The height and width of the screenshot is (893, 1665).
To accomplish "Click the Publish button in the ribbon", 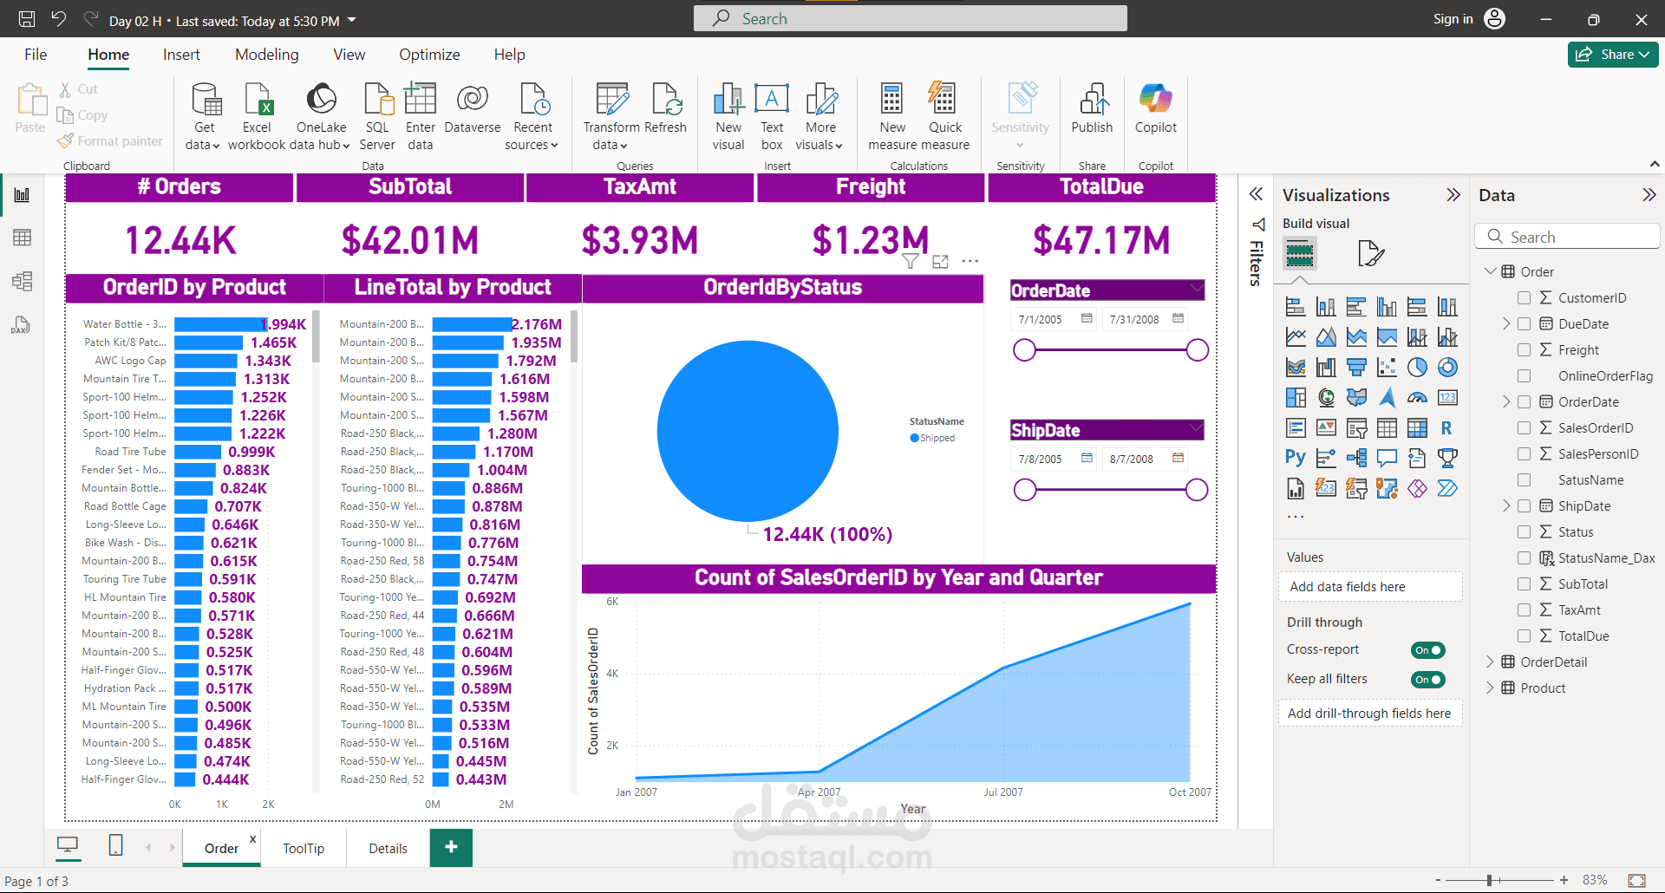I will (1092, 108).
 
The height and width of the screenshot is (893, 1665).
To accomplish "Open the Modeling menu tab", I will (266, 55).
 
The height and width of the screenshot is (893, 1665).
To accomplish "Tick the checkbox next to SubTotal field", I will (1524, 584).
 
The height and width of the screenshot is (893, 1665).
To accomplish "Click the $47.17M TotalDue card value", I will (1101, 240).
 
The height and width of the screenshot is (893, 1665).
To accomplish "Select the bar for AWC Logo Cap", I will (206, 361).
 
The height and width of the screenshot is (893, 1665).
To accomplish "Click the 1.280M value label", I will (512, 433).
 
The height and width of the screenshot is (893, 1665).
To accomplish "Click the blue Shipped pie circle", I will (748, 431).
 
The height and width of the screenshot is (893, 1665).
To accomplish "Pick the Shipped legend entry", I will (937, 439).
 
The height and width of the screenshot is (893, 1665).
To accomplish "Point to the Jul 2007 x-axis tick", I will (1003, 792).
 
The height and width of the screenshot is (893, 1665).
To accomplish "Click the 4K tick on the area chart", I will (612, 674).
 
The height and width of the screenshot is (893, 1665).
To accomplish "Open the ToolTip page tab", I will (304, 849).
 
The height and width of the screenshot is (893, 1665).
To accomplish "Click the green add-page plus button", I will (451, 847).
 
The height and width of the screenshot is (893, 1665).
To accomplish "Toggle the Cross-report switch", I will (1427, 650).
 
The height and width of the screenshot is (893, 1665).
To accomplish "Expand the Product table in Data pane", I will (1490, 688).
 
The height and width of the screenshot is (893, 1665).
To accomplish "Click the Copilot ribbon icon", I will (1155, 108).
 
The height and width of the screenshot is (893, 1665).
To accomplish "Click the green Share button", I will (1612, 55).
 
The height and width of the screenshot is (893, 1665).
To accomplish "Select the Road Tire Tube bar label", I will (130, 452).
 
